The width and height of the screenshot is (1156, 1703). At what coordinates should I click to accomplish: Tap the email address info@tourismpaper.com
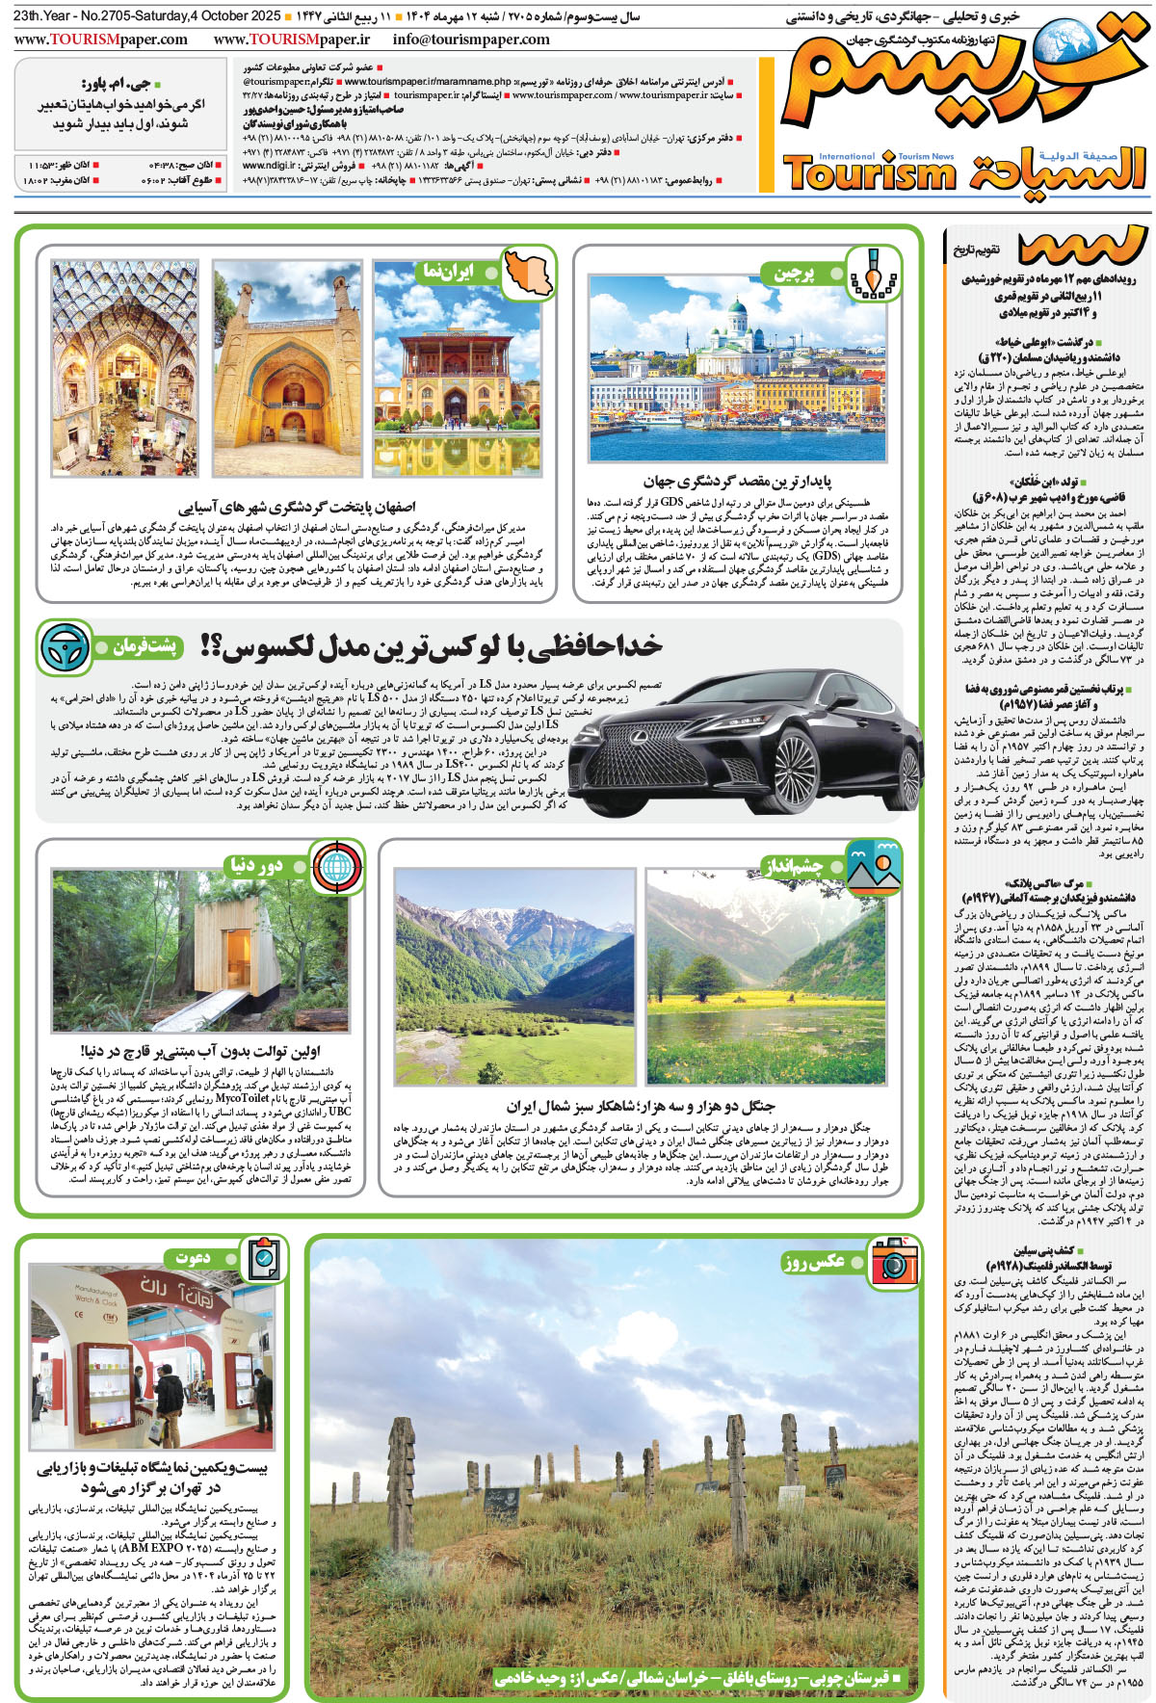pos(471,39)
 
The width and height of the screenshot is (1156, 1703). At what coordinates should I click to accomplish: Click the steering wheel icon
pos(65,647)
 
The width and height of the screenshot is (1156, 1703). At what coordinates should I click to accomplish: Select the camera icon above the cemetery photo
pos(893,1260)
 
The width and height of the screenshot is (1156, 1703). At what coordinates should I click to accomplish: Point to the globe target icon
pos(336,865)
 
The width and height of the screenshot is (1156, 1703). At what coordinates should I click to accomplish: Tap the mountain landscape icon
pos(873,864)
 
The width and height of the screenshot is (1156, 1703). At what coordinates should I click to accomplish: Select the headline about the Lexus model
pos(432,646)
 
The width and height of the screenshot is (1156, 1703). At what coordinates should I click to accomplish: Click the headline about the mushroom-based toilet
pos(200,1050)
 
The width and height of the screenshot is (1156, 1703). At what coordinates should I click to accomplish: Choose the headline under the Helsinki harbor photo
pos(737,481)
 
